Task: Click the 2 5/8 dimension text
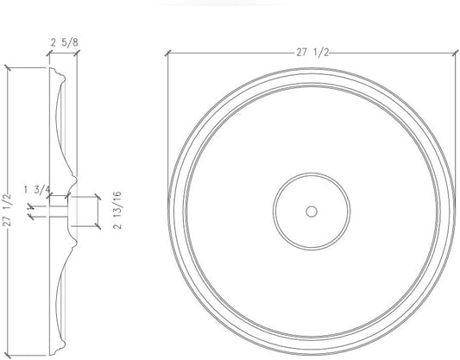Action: point(62,41)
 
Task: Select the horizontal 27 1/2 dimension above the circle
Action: point(312,52)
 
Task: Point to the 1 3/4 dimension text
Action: point(37,188)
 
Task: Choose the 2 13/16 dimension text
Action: point(116,210)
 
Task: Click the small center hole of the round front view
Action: point(312,210)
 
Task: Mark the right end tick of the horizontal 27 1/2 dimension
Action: point(455,53)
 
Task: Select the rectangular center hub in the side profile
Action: point(83,211)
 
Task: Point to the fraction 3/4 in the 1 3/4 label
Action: point(42,188)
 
